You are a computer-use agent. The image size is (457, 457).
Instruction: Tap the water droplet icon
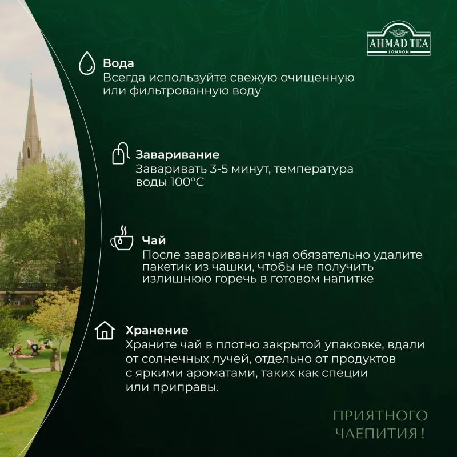(86, 64)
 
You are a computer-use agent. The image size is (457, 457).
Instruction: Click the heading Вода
(118, 63)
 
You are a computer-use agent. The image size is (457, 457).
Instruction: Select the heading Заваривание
(177, 155)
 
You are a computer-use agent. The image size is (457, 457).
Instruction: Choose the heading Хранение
(157, 330)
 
